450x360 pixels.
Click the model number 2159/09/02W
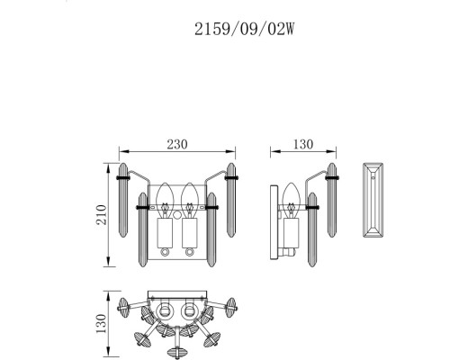click(245, 30)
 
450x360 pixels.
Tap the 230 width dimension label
click(177, 144)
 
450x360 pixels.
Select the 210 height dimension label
click(102, 215)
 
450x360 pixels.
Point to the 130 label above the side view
click(303, 144)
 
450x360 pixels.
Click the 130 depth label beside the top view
click(102, 323)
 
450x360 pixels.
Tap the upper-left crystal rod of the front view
click(123, 200)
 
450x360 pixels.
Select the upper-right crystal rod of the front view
click(231, 200)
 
